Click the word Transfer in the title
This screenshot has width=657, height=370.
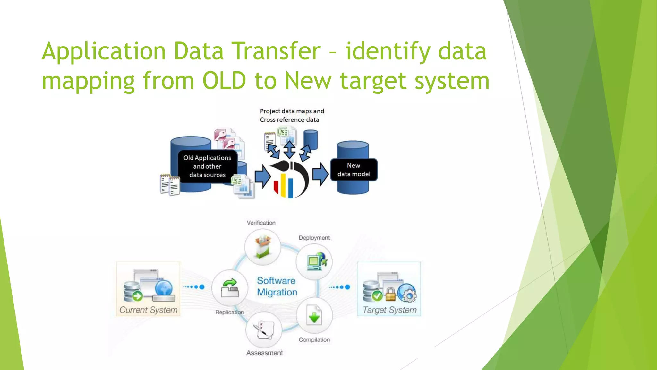coord(276,51)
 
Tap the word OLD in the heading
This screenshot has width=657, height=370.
coord(224,81)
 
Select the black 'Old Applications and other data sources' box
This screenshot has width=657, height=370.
coord(207,166)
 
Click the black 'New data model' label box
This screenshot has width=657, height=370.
coord(354,170)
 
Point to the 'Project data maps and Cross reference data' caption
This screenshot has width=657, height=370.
coord(292,115)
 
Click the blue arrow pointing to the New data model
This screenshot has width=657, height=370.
coord(320,174)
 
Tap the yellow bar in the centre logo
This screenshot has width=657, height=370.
coord(283,185)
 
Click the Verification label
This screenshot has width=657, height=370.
coord(261,223)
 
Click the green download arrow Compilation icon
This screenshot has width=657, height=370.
coord(314,316)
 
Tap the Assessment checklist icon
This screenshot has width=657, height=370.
coord(264,329)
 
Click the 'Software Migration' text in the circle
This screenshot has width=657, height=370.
coord(277,286)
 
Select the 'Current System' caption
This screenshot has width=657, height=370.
coord(148,310)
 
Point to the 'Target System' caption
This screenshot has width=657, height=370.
coord(389,310)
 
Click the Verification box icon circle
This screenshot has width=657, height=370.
coord(263,247)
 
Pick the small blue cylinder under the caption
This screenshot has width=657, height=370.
coord(311,139)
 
